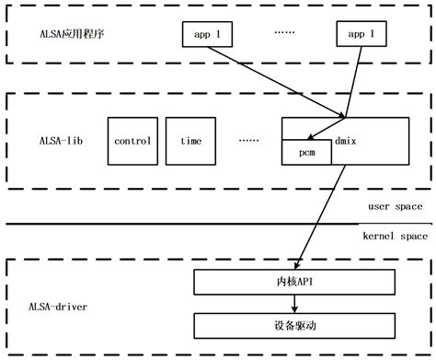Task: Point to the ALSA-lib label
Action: pyautogui.click(x=56, y=141)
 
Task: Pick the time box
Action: pyautogui.click(x=191, y=141)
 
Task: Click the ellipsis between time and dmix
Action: pyautogui.click(x=248, y=141)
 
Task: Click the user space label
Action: pyautogui.click(x=393, y=207)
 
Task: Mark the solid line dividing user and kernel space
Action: pyautogui.click(x=184, y=223)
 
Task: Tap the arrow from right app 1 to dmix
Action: pyautogui.click(x=348, y=83)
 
